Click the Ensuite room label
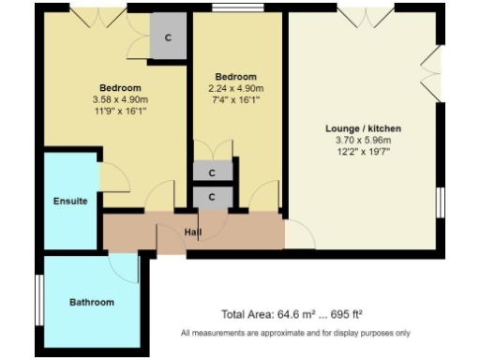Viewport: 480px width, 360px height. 70,201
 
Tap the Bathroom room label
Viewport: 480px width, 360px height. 92,302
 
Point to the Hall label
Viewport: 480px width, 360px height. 193,232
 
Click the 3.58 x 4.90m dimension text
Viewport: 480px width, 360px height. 120,99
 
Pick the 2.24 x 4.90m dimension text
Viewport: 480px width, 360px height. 235,88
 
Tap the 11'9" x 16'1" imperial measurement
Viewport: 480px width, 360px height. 120,111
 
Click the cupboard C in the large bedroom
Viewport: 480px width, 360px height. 169,38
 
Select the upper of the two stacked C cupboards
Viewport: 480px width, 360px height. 213,172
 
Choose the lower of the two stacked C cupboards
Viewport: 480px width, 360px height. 213,197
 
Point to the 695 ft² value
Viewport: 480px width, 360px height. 344,315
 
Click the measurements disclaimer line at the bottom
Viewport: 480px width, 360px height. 295,333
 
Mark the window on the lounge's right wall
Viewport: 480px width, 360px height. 440,202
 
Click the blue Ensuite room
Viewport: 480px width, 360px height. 70,216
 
